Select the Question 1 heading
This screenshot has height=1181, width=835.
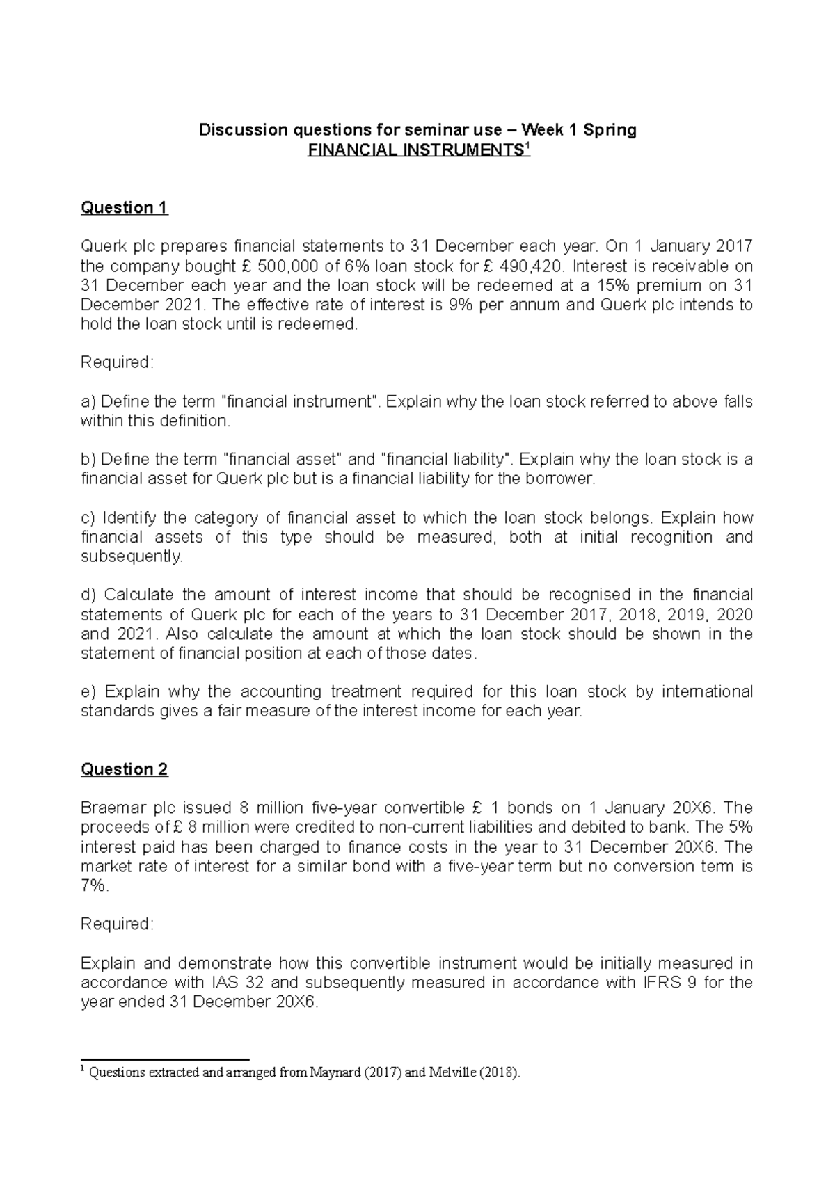pyautogui.click(x=125, y=207)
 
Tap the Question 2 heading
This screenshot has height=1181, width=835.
pyautogui.click(x=125, y=769)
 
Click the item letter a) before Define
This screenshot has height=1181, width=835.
pyautogui.click(x=88, y=402)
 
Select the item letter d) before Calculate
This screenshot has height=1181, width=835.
pyautogui.click(x=88, y=595)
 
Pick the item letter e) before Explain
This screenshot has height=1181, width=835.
pyautogui.click(x=88, y=692)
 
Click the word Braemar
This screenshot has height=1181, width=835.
pyautogui.click(x=113, y=808)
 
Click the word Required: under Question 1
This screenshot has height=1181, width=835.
pyautogui.click(x=117, y=362)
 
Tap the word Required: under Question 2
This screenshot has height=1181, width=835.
pyautogui.click(x=117, y=924)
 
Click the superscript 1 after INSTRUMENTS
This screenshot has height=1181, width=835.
pyautogui.click(x=527, y=145)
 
